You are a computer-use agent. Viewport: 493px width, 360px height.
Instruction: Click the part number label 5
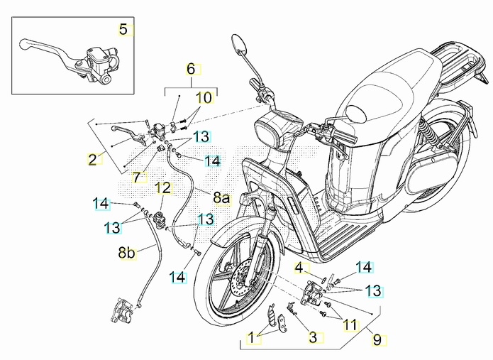coord(123,30)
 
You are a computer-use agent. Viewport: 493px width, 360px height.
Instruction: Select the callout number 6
coord(190,69)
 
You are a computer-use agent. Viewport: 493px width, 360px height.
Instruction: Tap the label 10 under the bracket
coord(204,97)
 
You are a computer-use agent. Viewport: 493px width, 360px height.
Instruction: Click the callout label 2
coord(92,159)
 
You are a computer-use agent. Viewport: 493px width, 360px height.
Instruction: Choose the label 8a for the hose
coord(222,198)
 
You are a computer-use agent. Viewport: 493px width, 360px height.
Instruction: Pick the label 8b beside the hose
coord(126,251)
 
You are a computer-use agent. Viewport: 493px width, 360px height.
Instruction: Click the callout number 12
coord(163,188)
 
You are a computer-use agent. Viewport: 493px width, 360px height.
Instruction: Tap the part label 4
coord(300,268)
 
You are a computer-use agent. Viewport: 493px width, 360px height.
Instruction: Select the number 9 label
coord(377,340)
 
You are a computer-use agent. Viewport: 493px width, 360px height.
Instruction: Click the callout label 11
coord(350,325)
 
